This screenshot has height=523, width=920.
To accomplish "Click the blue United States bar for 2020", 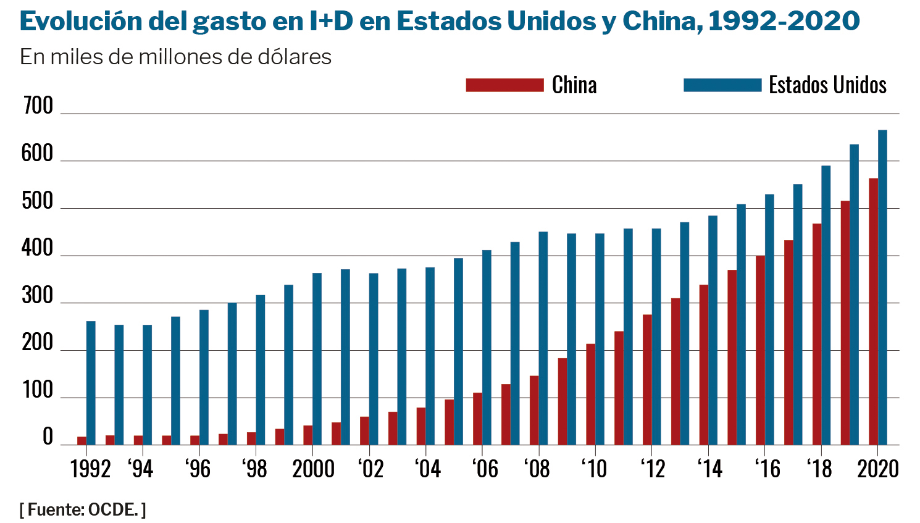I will (x=882, y=287).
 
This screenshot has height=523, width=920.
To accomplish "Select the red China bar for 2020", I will (x=873, y=311).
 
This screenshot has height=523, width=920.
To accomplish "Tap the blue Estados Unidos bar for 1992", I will (x=91, y=383).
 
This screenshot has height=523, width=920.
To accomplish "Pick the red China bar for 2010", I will (x=591, y=394).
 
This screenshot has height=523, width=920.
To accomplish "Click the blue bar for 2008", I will (x=543, y=338).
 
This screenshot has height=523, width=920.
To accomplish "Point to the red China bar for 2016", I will (x=760, y=350).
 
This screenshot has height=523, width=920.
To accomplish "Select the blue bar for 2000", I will (x=317, y=359).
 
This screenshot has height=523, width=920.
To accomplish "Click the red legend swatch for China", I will (x=504, y=85).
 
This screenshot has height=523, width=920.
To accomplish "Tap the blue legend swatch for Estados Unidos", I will (x=722, y=85).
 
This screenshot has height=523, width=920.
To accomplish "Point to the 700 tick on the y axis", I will (x=38, y=106).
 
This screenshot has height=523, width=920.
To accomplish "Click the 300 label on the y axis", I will (x=38, y=296).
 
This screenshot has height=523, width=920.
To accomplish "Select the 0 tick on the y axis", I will (x=48, y=437).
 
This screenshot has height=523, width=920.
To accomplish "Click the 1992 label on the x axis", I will (x=91, y=469).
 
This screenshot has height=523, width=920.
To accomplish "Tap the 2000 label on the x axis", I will (x=313, y=469).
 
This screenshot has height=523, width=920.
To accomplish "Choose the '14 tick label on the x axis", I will (x=709, y=469).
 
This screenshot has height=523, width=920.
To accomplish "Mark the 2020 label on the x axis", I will (x=878, y=469).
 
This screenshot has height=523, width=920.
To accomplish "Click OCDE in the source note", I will (x=113, y=510).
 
